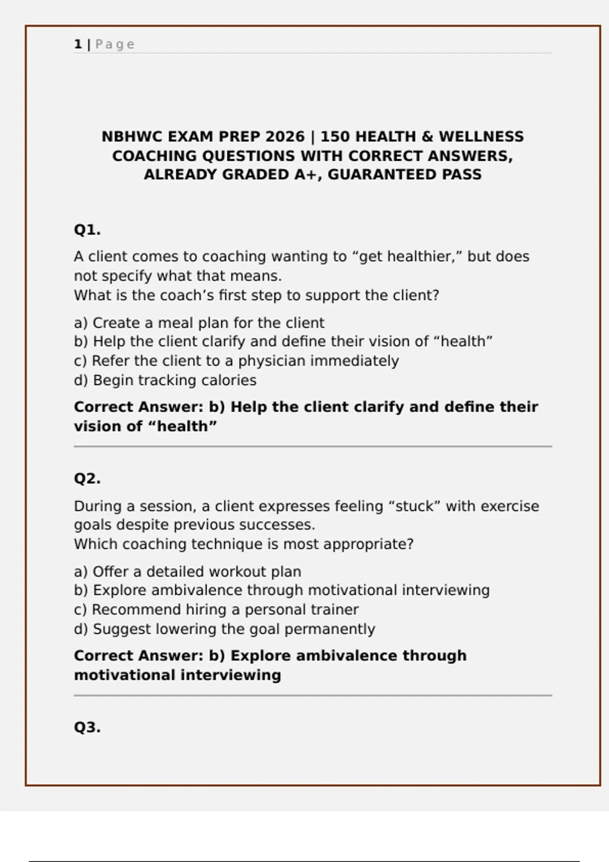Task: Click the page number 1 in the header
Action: (78, 45)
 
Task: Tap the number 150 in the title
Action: (335, 137)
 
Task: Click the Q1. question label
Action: (87, 230)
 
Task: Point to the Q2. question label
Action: (87, 479)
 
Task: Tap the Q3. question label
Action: (87, 728)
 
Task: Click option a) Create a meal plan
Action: (199, 323)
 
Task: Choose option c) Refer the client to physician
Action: (236, 361)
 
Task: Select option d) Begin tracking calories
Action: (165, 380)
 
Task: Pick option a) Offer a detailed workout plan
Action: (187, 572)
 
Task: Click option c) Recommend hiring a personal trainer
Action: (216, 609)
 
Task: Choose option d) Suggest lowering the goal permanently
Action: (224, 629)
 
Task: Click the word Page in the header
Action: (115, 45)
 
